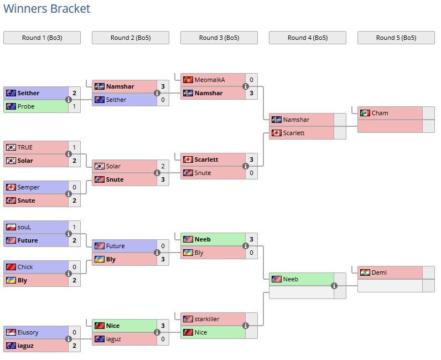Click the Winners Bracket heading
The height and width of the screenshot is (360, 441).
click(46, 9)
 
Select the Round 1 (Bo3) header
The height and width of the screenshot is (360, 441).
click(42, 38)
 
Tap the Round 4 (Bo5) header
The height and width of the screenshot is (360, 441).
click(308, 38)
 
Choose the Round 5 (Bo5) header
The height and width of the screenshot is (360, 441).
click(396, 38)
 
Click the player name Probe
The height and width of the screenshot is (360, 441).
click(26, 106)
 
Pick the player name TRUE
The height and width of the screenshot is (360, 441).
click(25, 147)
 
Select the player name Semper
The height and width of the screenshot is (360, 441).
click(28, 187)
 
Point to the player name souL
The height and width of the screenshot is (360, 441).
click(25, 227)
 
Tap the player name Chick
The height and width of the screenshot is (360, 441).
click(25, 267)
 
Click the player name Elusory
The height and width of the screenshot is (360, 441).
click(28, 332)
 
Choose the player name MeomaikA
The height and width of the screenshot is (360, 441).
click(209, 80)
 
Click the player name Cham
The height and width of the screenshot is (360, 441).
click(380, 113)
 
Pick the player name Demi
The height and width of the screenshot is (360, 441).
click(379, 272)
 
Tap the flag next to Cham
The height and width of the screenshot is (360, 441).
click(365, 113)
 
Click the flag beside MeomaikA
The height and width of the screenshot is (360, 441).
click(188, 80)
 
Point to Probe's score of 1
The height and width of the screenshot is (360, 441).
click(74, 106)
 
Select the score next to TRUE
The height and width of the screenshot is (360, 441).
click(74, 147)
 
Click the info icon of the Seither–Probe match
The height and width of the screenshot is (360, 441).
click(69, 100)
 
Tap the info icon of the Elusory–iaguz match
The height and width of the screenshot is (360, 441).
click(69, 340)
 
